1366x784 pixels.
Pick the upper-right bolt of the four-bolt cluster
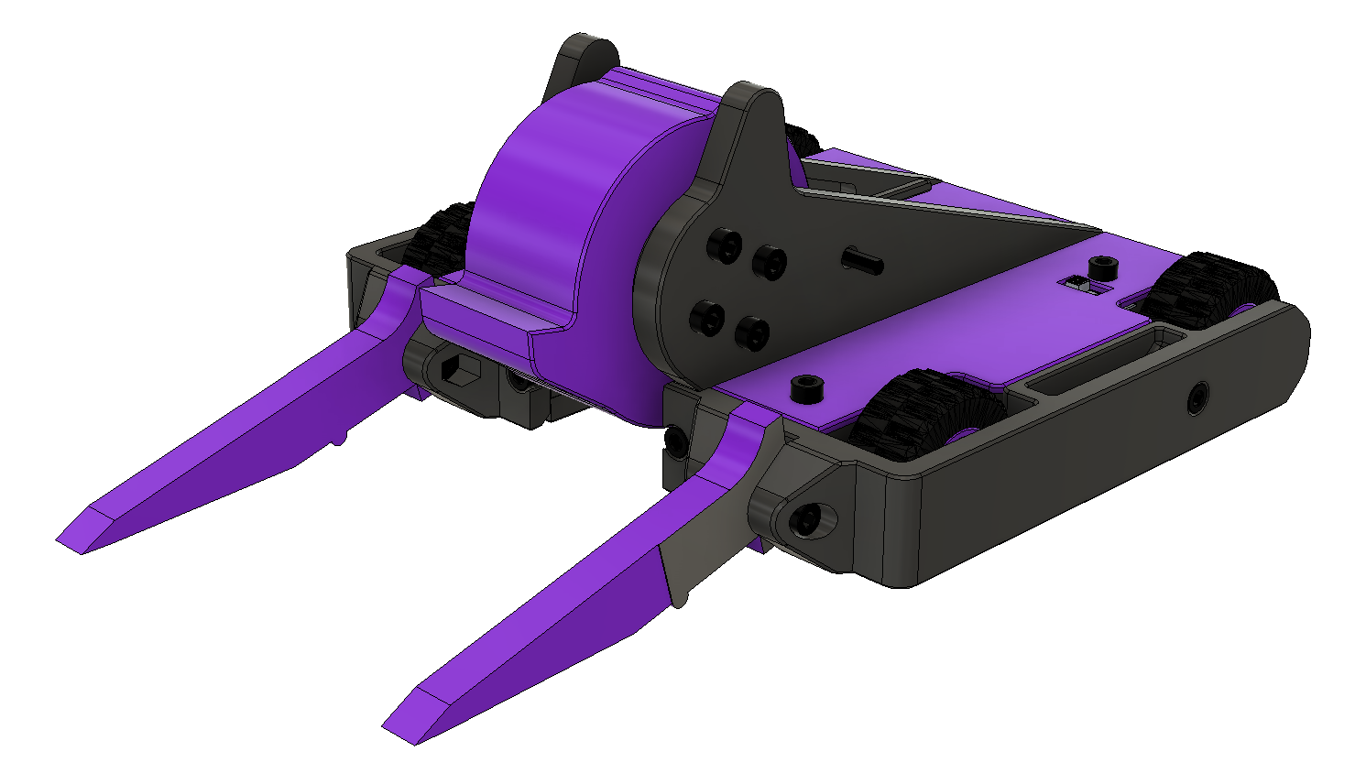[x=770, y=263]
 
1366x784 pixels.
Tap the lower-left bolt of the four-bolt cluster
[x=706, y=316]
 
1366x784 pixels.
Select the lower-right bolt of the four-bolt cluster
[x=752, y=332]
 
